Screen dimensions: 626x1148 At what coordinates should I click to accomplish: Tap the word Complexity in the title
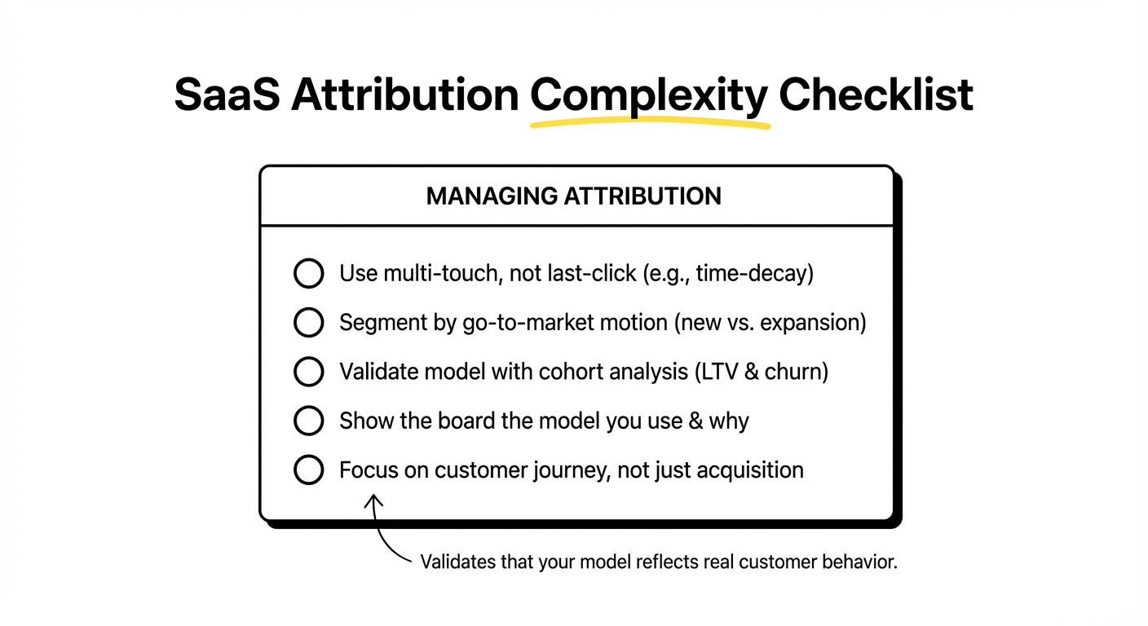[649, 95]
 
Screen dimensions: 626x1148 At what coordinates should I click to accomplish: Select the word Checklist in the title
[876, 95]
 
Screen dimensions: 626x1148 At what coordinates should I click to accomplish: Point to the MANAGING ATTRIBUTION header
[573, 196]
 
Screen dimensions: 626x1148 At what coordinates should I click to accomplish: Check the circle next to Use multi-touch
[308, 274]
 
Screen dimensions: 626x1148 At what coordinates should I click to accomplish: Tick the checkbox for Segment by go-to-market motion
[308, 323]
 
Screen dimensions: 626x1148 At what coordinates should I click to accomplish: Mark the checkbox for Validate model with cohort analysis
[308, 373]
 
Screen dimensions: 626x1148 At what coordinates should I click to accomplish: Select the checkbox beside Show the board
[308, 421]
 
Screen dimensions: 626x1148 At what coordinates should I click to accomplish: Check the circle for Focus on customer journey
[308, 470]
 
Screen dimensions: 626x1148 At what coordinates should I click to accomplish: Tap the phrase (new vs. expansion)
[770, 323]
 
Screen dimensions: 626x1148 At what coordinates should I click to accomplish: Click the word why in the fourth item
[729, 421]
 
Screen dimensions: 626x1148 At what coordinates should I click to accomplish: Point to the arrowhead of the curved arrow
[373, 499]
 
